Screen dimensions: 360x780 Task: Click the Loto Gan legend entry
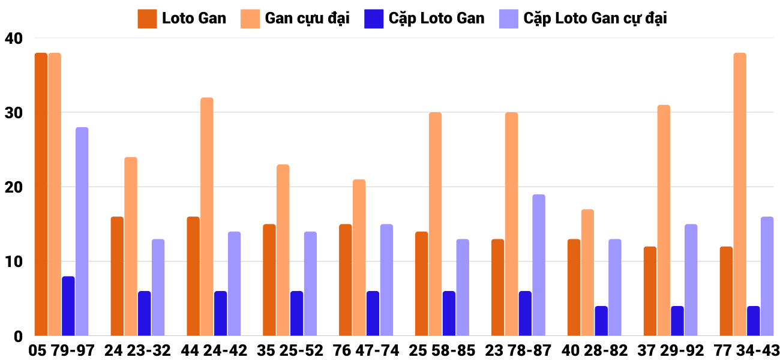click(x=182, y=19)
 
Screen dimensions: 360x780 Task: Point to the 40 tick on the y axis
click(x=13, y=38)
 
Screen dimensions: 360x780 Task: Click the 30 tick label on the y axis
click(x=13, y=113)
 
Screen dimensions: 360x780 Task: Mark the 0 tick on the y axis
click(x=17, y=337)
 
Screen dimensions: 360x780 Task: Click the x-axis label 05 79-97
click(x=61, y=350)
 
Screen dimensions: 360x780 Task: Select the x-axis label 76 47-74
click(x=366, y=350)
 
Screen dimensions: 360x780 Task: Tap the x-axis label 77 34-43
click(x=746, y=350)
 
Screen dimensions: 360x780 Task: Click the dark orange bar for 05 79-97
click(x=41, y=194)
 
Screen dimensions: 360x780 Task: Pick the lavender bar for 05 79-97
click(x=82, y=232)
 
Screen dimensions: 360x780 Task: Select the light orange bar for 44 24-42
click(x=206, y=217)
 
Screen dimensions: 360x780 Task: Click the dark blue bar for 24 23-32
click(x=144, y=314)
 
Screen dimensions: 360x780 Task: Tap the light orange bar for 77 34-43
click(x=739, y=194)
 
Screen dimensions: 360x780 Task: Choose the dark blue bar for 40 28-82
click(x=601, y=321)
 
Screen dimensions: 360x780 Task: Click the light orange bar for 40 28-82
click(x=587, y=273)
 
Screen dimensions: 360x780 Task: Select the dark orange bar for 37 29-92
click(x=649, y=292)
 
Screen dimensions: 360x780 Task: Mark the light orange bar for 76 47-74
click(x=359, y=258)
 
